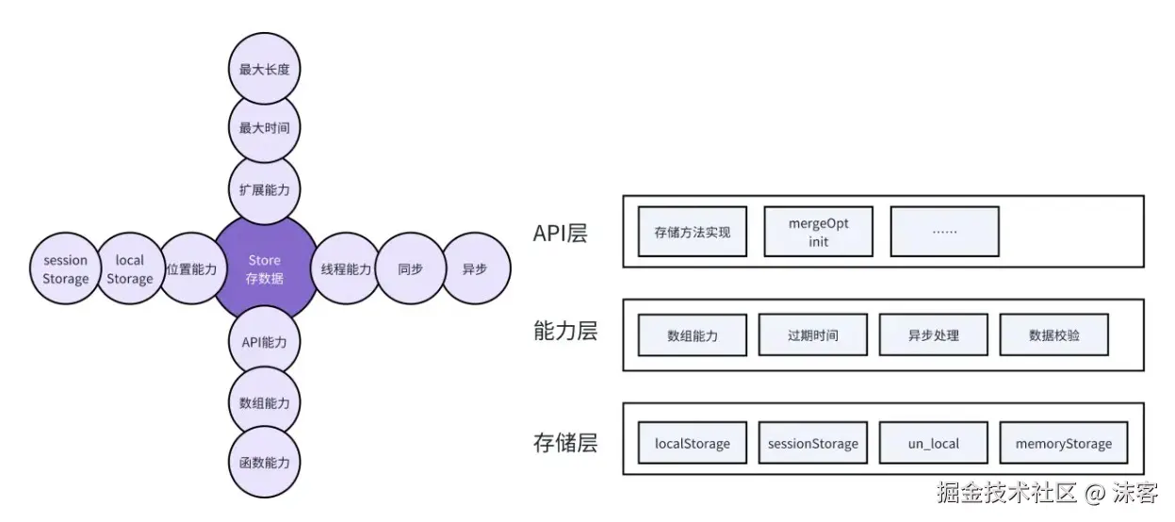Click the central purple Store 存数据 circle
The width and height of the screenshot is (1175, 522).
click(x=265, y=269)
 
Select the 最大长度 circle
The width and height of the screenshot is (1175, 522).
click(x=265, y=69)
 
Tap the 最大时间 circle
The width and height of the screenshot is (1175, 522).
click(x=265, y=128)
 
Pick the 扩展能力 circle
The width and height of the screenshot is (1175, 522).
click(x=265, y=189)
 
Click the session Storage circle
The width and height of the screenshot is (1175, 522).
click(x=65, y=269)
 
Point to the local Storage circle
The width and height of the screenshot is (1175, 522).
click(x=130, y=269)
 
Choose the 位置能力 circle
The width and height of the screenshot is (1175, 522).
click(x=191, y=269)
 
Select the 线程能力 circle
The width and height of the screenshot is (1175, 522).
click(x=346, y=269)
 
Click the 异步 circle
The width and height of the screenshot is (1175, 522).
click(x=475, y=269)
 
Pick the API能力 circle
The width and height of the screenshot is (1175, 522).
click(x=265, y=342)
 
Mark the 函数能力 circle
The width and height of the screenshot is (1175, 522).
click(x=265, y=463)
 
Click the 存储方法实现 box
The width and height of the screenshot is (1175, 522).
click(x=692, y=231)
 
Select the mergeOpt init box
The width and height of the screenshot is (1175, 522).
click(x=818, y=232)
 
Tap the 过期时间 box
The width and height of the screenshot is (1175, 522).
click(x=812, y=334)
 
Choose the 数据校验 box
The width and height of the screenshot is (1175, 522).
click(x=1054, y=334)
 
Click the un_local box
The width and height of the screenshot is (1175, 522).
click(x=933, y=443)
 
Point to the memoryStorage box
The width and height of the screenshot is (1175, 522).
click(x=1063, y=443)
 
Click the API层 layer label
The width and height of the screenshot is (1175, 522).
click(x=560, y=234)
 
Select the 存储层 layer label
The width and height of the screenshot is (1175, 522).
click(x=565, y=442)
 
